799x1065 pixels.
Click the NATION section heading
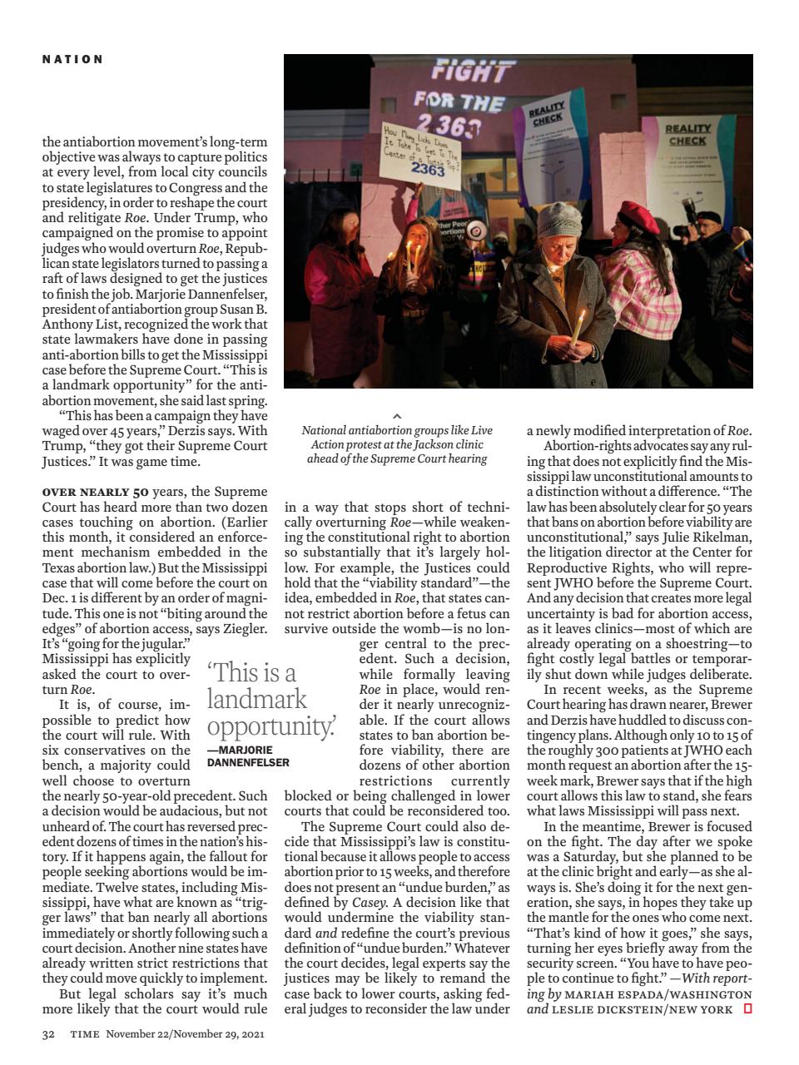point(73,59)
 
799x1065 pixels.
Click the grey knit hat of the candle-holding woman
point(558,219)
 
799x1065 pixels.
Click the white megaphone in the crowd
point(475,229)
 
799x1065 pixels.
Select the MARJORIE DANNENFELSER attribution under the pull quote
point(248,756)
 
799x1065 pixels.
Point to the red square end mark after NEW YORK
point(747,1009)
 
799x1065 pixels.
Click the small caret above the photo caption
point(397,415)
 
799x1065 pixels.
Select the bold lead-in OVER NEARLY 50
point(96,492)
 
